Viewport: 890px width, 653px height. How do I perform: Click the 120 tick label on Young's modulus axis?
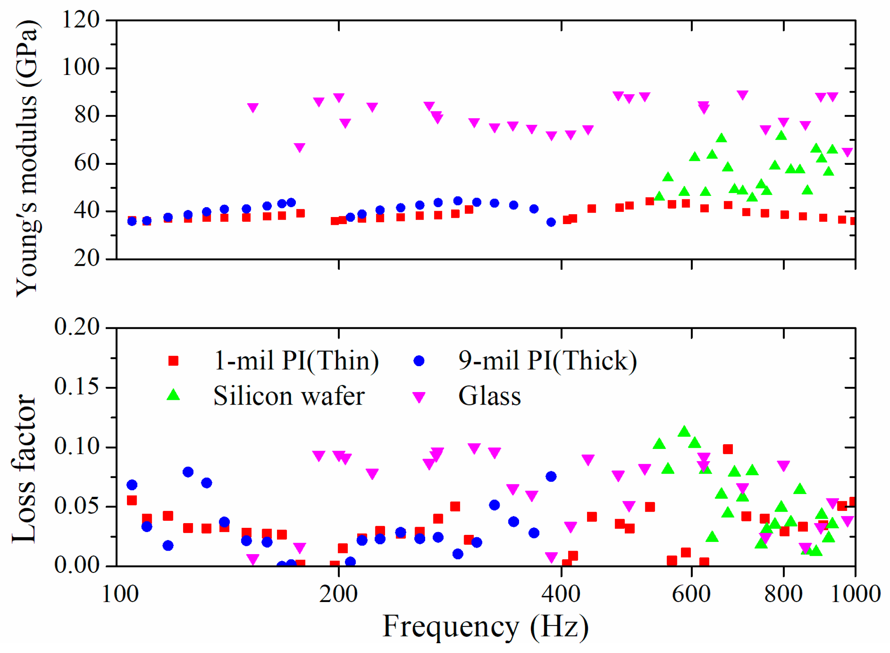click(81, 20)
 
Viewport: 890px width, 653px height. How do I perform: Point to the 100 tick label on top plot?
click(81, 67)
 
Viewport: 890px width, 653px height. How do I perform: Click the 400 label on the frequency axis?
click(561, 594)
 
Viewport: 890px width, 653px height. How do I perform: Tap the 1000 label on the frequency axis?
click(855, 594)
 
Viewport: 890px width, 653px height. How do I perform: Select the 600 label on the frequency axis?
click(691, 594)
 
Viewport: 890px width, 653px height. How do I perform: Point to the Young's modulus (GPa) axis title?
click(27, 158)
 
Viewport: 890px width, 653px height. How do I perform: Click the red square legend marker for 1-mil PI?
click(173, 361)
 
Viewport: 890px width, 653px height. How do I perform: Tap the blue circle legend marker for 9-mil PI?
click(419, 361)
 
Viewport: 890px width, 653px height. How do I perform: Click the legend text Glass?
click(489, 396)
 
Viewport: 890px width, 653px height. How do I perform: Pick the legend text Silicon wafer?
click(289, 396)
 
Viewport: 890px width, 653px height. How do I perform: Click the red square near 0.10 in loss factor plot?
click(727, 449)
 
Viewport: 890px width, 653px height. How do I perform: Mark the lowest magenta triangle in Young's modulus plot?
click(847, 152)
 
